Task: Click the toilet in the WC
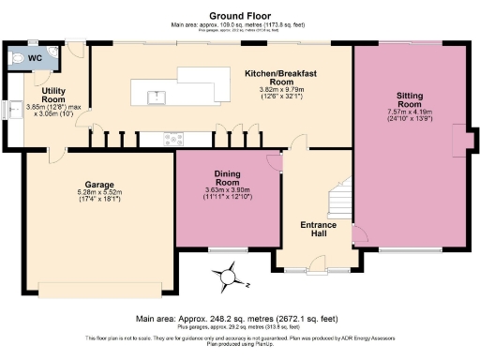tap(13, 57)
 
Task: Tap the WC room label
tap(35, 58)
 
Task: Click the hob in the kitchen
tap(173, 140)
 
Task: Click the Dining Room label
tap(229, 178)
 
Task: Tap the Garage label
tap(98, 185)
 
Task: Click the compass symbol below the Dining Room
tap(227, 278)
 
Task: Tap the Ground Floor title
tap(239, 15)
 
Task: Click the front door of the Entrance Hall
tap(314, 270)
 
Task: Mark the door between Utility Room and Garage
tap(56, 151)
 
